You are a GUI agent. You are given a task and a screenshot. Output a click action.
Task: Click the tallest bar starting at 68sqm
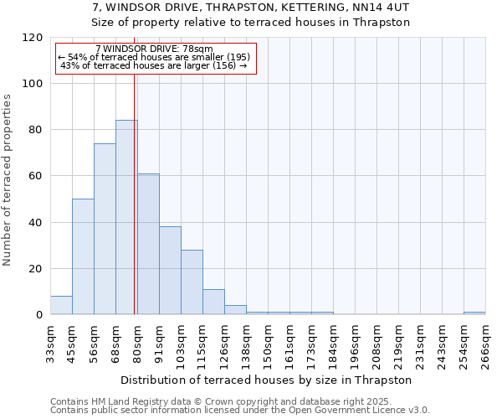pyautogui.click(x=126, y=218)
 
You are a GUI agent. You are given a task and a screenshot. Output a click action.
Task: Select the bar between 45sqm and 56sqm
pyautogui.click(x=83, y=256)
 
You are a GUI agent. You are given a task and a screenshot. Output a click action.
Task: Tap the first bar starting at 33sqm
pyautogui.click(x=61, y=305)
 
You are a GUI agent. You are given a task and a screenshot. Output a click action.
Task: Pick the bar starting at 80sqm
pyautogui.click(x=148, y=244)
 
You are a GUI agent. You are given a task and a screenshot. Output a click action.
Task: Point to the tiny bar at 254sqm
pyautogui.click(x=474, y=313)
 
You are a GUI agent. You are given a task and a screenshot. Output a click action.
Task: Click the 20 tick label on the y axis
pyautogui.click(x=36, y=269)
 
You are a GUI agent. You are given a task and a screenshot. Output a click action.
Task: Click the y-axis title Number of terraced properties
pyautogui.click(x=8, y=179)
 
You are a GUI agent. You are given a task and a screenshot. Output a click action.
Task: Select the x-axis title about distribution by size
pyautogui.click(x=266, y=380)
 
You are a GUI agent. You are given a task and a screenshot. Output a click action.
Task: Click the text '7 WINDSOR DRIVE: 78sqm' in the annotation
pyautogui.click(x=154, y=49)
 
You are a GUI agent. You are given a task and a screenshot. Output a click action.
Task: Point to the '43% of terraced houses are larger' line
pyautogui.click(x=154, y=65)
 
